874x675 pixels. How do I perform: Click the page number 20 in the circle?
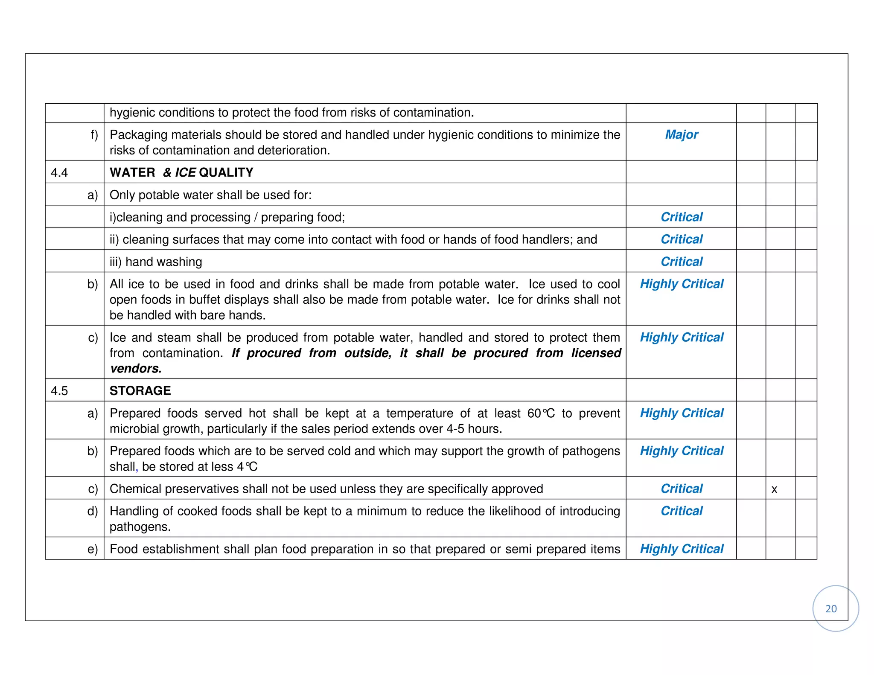pos(830,608)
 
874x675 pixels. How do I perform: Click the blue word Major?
pos(681,135)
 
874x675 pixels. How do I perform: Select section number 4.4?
pos(59,172)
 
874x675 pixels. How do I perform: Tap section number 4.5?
pos(59,391)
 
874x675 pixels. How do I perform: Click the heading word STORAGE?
pos(140,391)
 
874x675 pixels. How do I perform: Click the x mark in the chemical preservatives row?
pos(774,489)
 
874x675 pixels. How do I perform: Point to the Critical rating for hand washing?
pos(681,262)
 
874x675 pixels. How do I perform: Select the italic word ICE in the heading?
pos(185,172)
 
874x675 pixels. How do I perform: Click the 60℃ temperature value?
pos(541,413)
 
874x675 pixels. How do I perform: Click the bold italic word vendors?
pos(136,369)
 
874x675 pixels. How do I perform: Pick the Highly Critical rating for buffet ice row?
pos(681,284)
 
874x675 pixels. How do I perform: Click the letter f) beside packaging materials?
pos(94,135)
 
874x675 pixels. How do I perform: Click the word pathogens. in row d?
pos(140,527)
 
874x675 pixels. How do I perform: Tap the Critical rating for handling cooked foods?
pos(681,511)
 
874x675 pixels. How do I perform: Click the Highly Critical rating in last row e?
pos(681,549)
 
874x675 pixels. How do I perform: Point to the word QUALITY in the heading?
pos(226,172)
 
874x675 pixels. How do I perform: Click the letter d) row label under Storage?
pos(93,511)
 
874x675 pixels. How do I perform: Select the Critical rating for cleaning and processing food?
pos(681,217)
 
